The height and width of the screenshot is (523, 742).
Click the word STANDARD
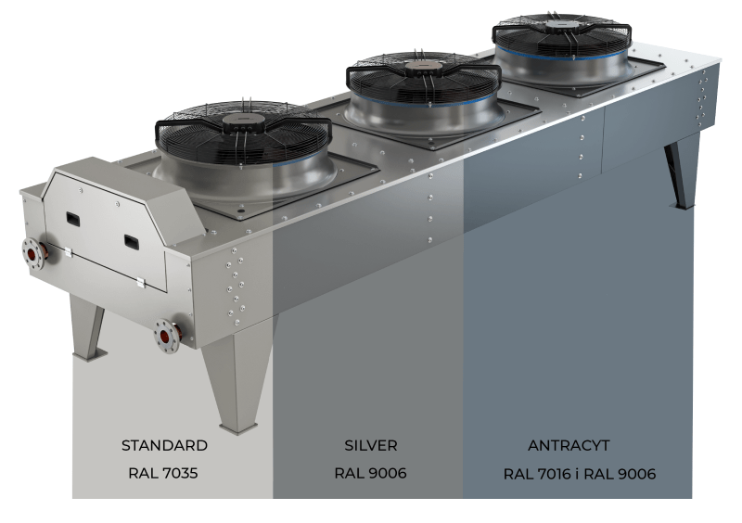click(x=164, y=445)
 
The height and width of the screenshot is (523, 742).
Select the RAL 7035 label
click(x=164, y=474)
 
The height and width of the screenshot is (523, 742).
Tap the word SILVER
click(x=371, y=445)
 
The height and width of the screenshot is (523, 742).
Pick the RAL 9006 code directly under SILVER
click(x=371, y=474)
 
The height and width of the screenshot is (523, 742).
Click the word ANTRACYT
click(x=568, y=445)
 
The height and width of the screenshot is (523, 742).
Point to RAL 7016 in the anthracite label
click(x=538, y=474)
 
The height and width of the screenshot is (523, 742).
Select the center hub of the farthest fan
click(x=560, y=25)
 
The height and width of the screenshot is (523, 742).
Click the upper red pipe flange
click(x=36, y=251)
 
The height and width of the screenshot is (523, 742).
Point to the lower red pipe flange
click(x=167, y=335)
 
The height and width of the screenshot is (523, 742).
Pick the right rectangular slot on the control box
click(x=133, y=242)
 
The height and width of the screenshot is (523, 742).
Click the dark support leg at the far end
click(x=684, y=172)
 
